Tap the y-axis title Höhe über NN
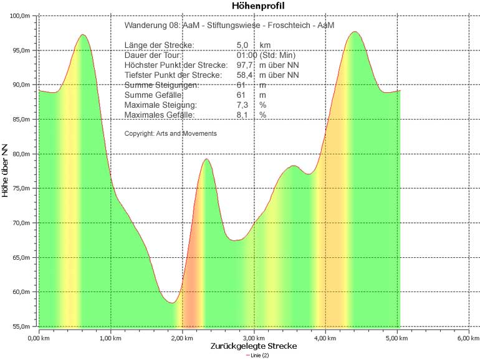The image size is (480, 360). tap(6, 170)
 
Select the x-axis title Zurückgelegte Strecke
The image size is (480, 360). tap(253, 346)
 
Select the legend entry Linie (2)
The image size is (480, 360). tap(257, 356)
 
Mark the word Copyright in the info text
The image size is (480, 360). tap(137, 133)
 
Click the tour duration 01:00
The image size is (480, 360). tap(247, 55)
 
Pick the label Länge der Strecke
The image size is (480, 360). tap(159, 45)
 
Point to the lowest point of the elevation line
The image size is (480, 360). tap(171, 303)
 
